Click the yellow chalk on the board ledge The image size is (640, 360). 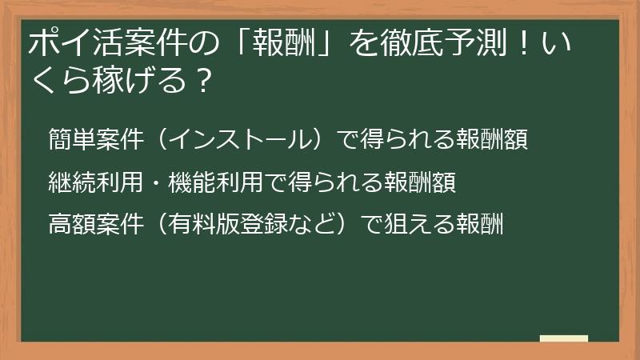coord(563,338)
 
